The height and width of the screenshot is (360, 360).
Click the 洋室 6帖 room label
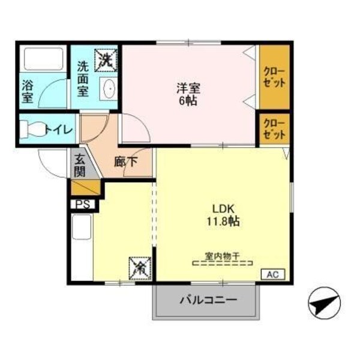[188, 94]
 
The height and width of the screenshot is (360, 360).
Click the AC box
[273, 275]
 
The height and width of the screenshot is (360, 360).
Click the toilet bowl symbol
[33, 129]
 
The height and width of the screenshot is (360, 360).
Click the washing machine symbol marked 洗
[107, 59]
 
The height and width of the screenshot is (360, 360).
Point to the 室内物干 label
[223, 256]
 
